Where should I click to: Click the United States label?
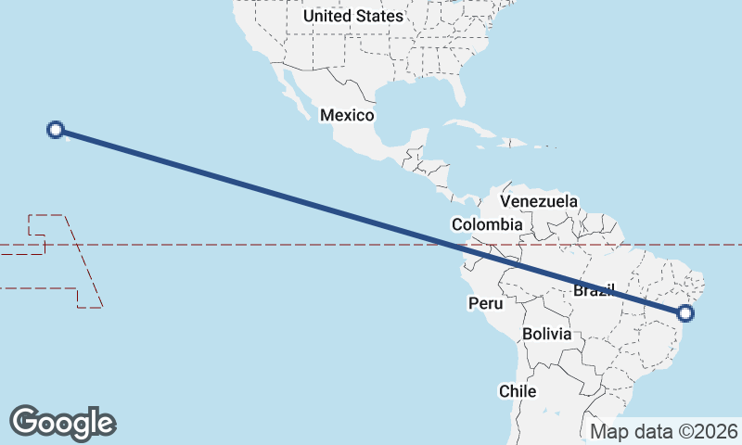click(x=353, y=16)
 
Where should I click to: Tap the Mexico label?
click(x=346, y=115)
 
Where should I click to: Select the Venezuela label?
click(x=539, y=201)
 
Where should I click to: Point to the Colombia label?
click(x=487, y=224)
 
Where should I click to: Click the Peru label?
click(x=485, y=303)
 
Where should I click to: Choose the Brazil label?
click(x=594, y=290)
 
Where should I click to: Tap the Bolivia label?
click(x=546, y=334)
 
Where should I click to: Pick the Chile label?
click(x=518, y=391)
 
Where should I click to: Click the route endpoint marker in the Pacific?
click(x=56, y=130)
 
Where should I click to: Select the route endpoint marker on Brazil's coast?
click(x=685, y=312)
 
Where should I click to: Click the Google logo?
click(x=62, y=422)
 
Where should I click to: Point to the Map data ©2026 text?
click(x=664, y=431)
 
